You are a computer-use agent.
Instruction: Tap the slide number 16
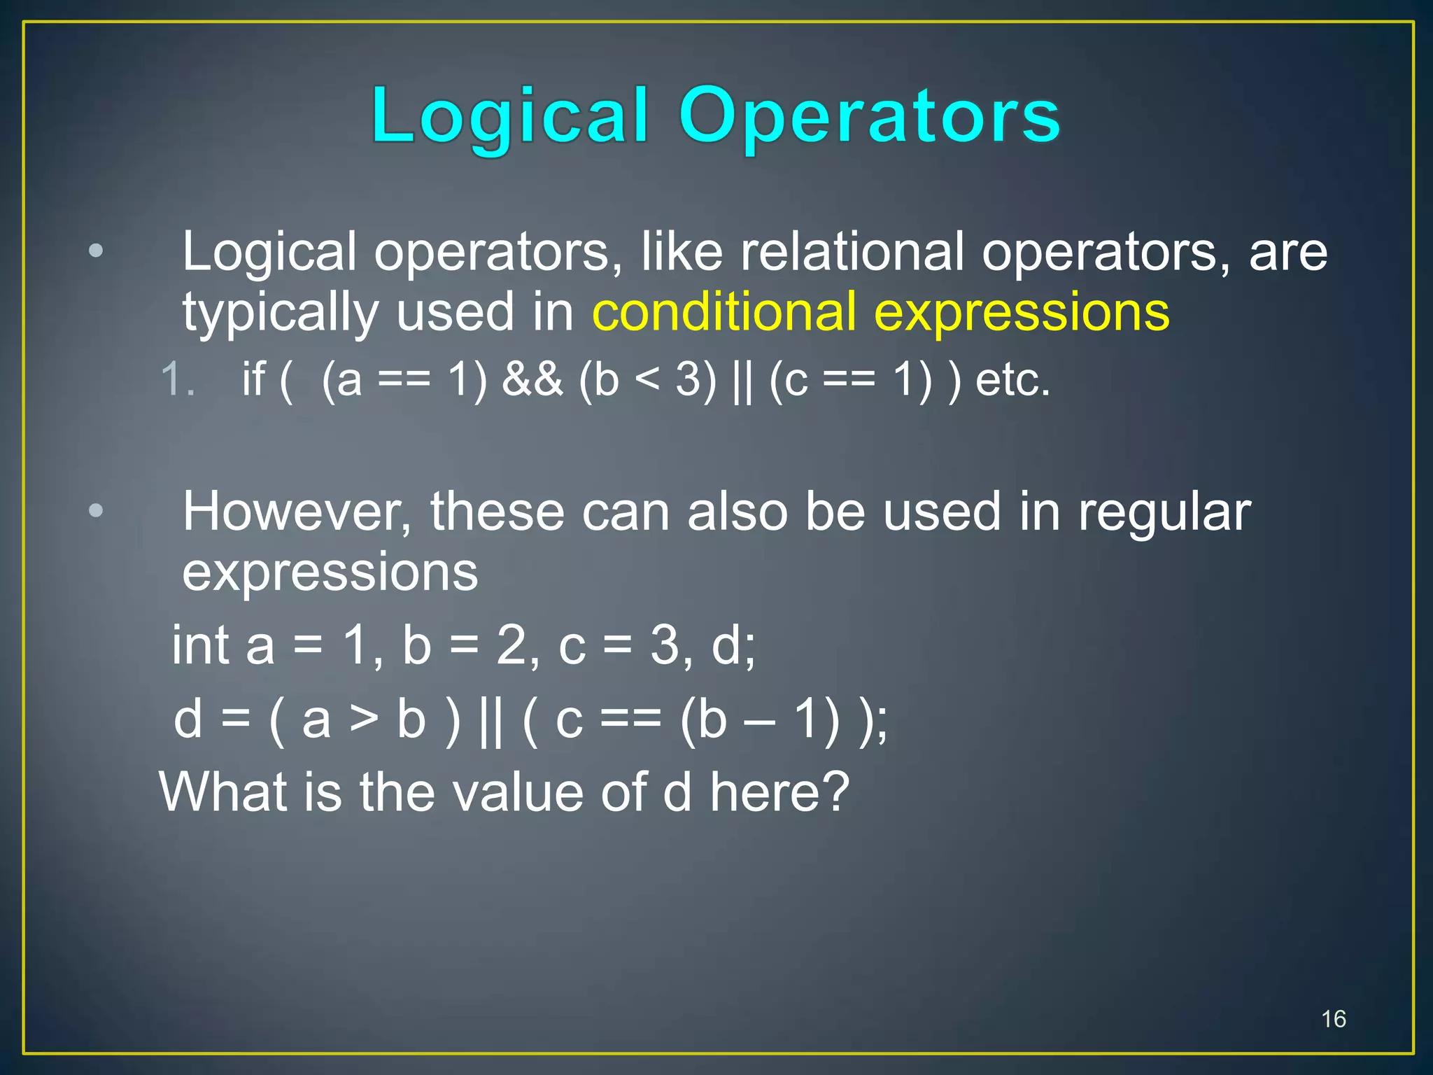tap(1334, 1019)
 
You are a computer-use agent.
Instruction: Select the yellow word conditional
tap(724, 312)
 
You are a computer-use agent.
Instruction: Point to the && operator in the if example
tap(532, 380)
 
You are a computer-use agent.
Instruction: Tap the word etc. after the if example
tap(1012, 380)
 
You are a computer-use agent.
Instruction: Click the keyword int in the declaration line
tap(202, 645)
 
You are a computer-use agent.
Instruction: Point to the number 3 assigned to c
tap(664, 645)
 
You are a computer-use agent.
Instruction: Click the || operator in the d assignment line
tap(491, 720)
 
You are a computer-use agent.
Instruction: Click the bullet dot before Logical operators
tap(96, 251)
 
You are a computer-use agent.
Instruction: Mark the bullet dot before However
tap(96, 510)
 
